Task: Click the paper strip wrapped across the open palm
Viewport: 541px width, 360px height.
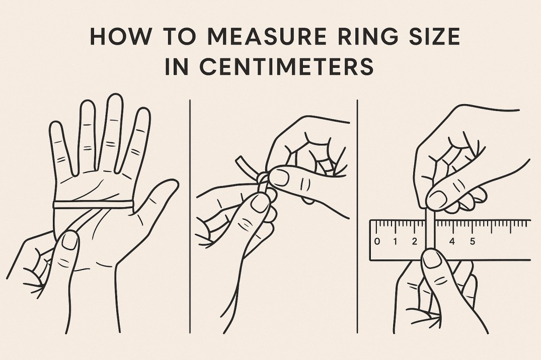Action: point(93,204)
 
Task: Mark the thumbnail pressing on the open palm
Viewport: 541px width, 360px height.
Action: point(70,240)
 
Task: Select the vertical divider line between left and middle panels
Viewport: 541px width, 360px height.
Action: point(190,216)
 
